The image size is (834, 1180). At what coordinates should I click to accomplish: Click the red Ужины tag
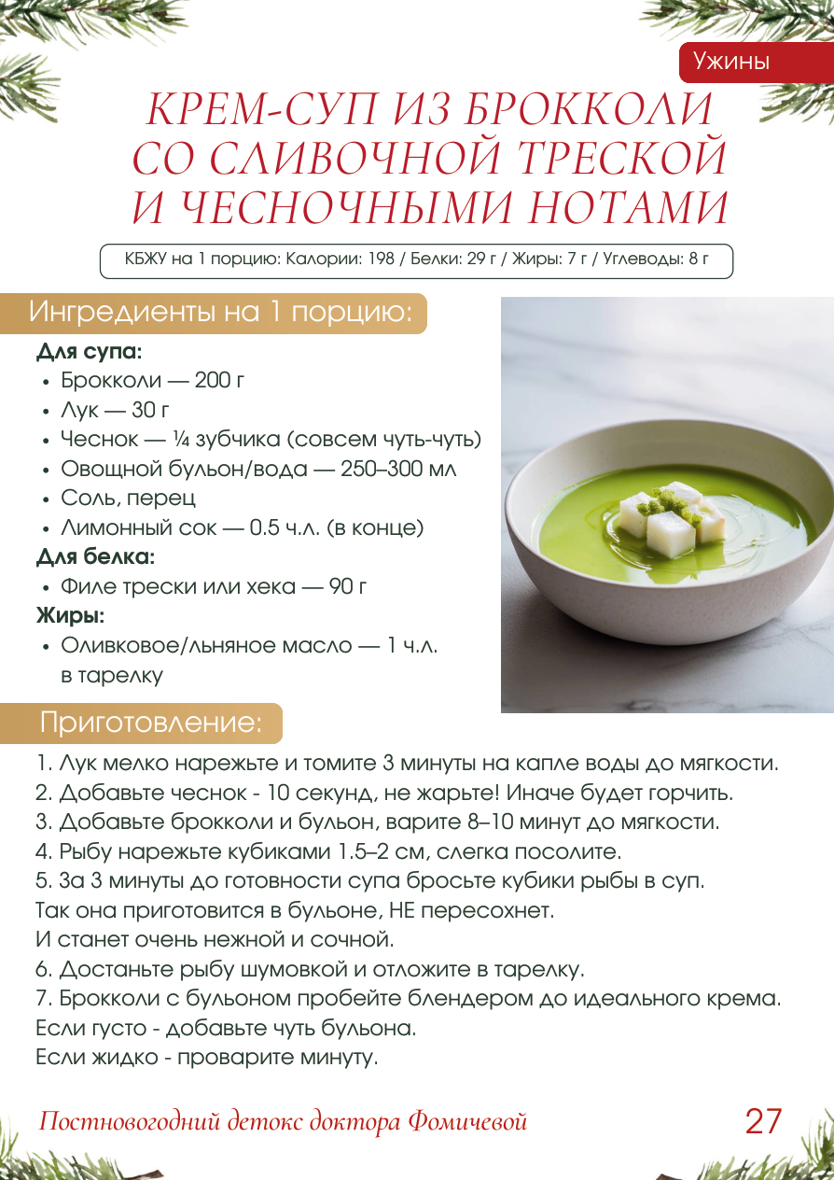[730, 62]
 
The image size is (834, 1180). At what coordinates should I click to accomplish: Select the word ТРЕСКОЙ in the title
[619, 159]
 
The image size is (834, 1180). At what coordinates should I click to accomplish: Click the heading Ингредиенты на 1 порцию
[220, 313]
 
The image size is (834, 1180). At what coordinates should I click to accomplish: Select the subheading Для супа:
[90, 352]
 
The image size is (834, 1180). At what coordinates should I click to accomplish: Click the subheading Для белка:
[95, 557]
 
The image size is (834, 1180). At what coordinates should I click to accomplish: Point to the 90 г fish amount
[349, 587]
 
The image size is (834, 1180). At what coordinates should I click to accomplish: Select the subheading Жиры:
[70, 616]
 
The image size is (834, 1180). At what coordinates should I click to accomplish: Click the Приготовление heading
[150, 723]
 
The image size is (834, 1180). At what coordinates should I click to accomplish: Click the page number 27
[763, 1120]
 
